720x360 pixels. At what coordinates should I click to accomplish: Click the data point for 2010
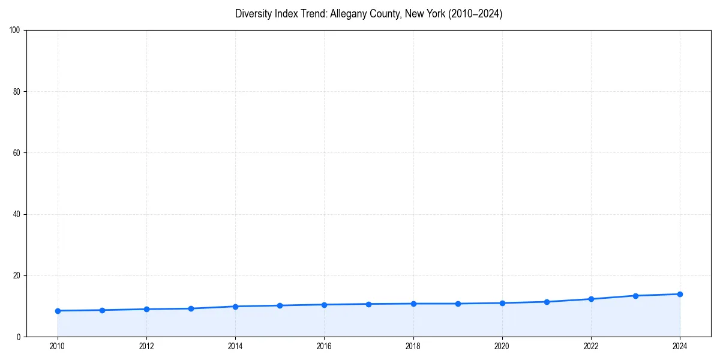(x=58, y=311)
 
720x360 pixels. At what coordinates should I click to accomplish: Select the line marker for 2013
(x=191, y=308)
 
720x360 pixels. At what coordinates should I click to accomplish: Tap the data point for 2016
(x=324, y=305)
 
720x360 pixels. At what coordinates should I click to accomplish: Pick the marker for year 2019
(x=458, y=304)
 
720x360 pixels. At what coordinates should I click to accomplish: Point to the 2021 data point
(x=547, y=302)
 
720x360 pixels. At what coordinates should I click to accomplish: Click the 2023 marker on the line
(x=635, y=296)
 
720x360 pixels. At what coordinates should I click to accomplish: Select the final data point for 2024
(x=680, y=294)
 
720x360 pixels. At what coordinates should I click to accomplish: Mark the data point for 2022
(x=591, y=299)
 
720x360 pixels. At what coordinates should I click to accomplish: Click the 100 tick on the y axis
(x=15, y=31)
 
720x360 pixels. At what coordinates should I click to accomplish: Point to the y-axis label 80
(x=17, y=92)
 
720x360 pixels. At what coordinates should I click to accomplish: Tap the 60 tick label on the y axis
(x=17, y=153)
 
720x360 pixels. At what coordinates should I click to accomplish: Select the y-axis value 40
(x=17, y=214)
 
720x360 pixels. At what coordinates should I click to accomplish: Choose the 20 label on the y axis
(x=17, y=275)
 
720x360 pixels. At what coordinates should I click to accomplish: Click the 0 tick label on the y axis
(x=19, y=337)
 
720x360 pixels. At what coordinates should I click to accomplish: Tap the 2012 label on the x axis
(x=146, y=346)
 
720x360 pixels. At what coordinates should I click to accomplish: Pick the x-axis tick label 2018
(x=413, y=346)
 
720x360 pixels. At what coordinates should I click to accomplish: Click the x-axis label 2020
(x=502, y=346)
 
